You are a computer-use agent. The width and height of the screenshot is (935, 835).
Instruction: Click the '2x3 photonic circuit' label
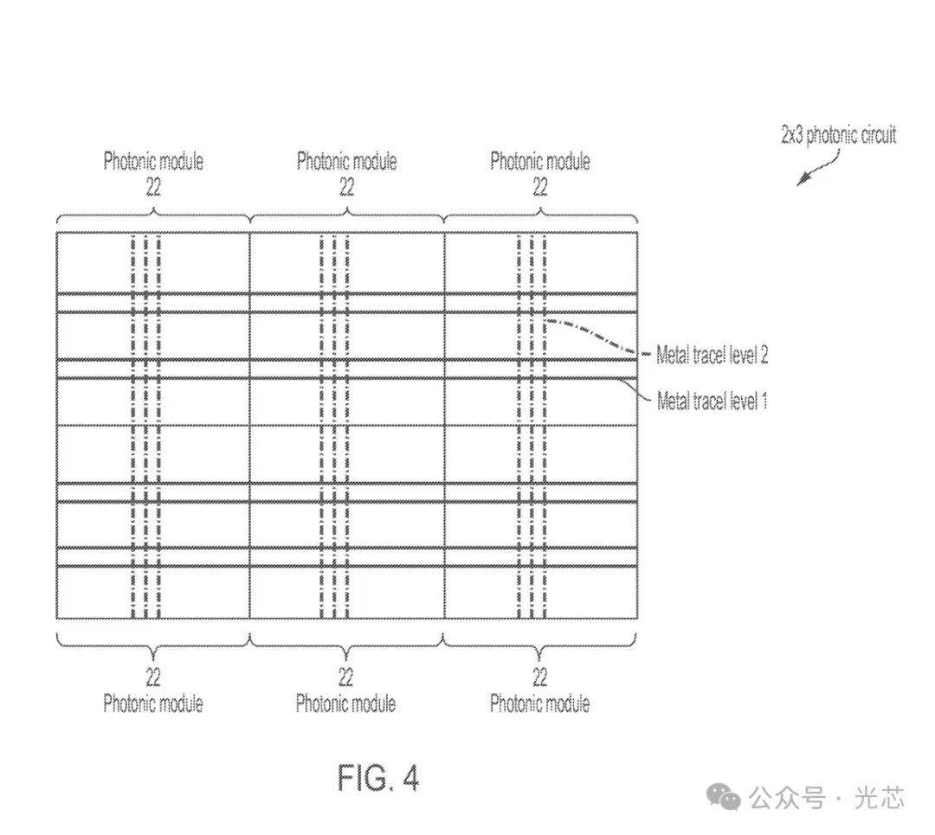tap(839, 136)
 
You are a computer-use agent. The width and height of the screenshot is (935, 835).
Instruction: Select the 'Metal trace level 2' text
tap(712, 354)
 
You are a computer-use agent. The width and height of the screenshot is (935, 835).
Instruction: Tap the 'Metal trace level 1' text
tap(712, 401)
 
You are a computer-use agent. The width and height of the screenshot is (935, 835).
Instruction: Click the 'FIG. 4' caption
tap(378, 778)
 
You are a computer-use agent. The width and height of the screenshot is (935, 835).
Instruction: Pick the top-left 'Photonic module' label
tap(153, 161)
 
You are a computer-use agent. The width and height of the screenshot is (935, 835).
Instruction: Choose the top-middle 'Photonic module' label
tap(346, 161)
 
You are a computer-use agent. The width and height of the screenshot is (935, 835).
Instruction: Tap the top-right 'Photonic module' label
tap(540, 161)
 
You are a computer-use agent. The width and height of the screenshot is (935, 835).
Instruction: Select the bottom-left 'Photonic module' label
tap(153, 703)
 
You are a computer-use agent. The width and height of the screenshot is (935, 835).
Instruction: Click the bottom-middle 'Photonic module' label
tap(346, 703)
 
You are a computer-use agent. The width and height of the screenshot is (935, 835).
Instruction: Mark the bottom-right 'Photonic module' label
tap(540, 703)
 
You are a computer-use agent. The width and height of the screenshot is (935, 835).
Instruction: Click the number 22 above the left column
tap(153, 186)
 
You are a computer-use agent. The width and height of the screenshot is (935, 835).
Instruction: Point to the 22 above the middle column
tap(346, 186)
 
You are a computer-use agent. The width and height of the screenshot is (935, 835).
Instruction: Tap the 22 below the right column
tap(540, 676)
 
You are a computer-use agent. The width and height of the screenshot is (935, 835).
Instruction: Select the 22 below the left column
tap(153, 676)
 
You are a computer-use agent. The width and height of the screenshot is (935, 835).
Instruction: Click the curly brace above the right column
tap(540, 213)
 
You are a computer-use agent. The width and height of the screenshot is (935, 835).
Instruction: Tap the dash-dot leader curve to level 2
tap(597, 333)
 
